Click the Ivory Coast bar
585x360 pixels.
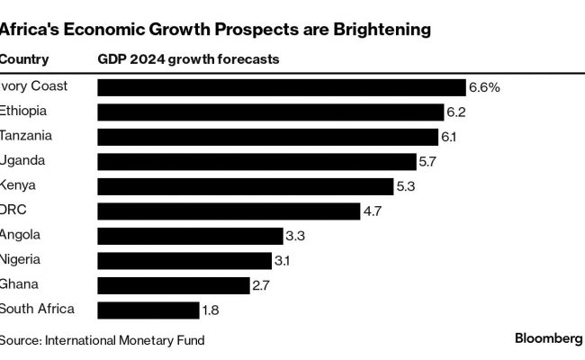coord(281,87)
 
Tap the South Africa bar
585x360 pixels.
coord(148,310)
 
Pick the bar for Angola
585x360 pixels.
coord(189,236)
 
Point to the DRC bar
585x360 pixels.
coord(229,211)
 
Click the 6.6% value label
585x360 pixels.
coord(483,87)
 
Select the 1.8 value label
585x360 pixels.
coord(210,310)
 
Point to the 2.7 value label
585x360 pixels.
coord(262,285)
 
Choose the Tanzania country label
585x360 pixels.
coord(27,136)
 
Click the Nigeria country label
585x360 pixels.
coord(22,260)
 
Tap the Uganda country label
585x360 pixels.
coord(23,161)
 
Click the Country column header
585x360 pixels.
coord(23,59)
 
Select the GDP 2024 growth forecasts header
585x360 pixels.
coord(188,59)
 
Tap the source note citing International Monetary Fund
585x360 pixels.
coord(102,340)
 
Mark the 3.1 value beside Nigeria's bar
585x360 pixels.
coord(283,261)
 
